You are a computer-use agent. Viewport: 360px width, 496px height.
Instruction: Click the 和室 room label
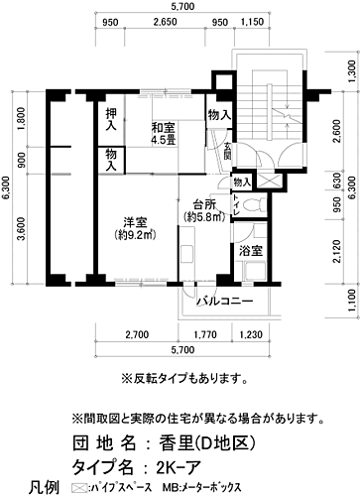pyautogui.click(x=164, y=127)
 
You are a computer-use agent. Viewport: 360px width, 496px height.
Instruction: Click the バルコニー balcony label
pyautogui.click(x=225, y=301)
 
